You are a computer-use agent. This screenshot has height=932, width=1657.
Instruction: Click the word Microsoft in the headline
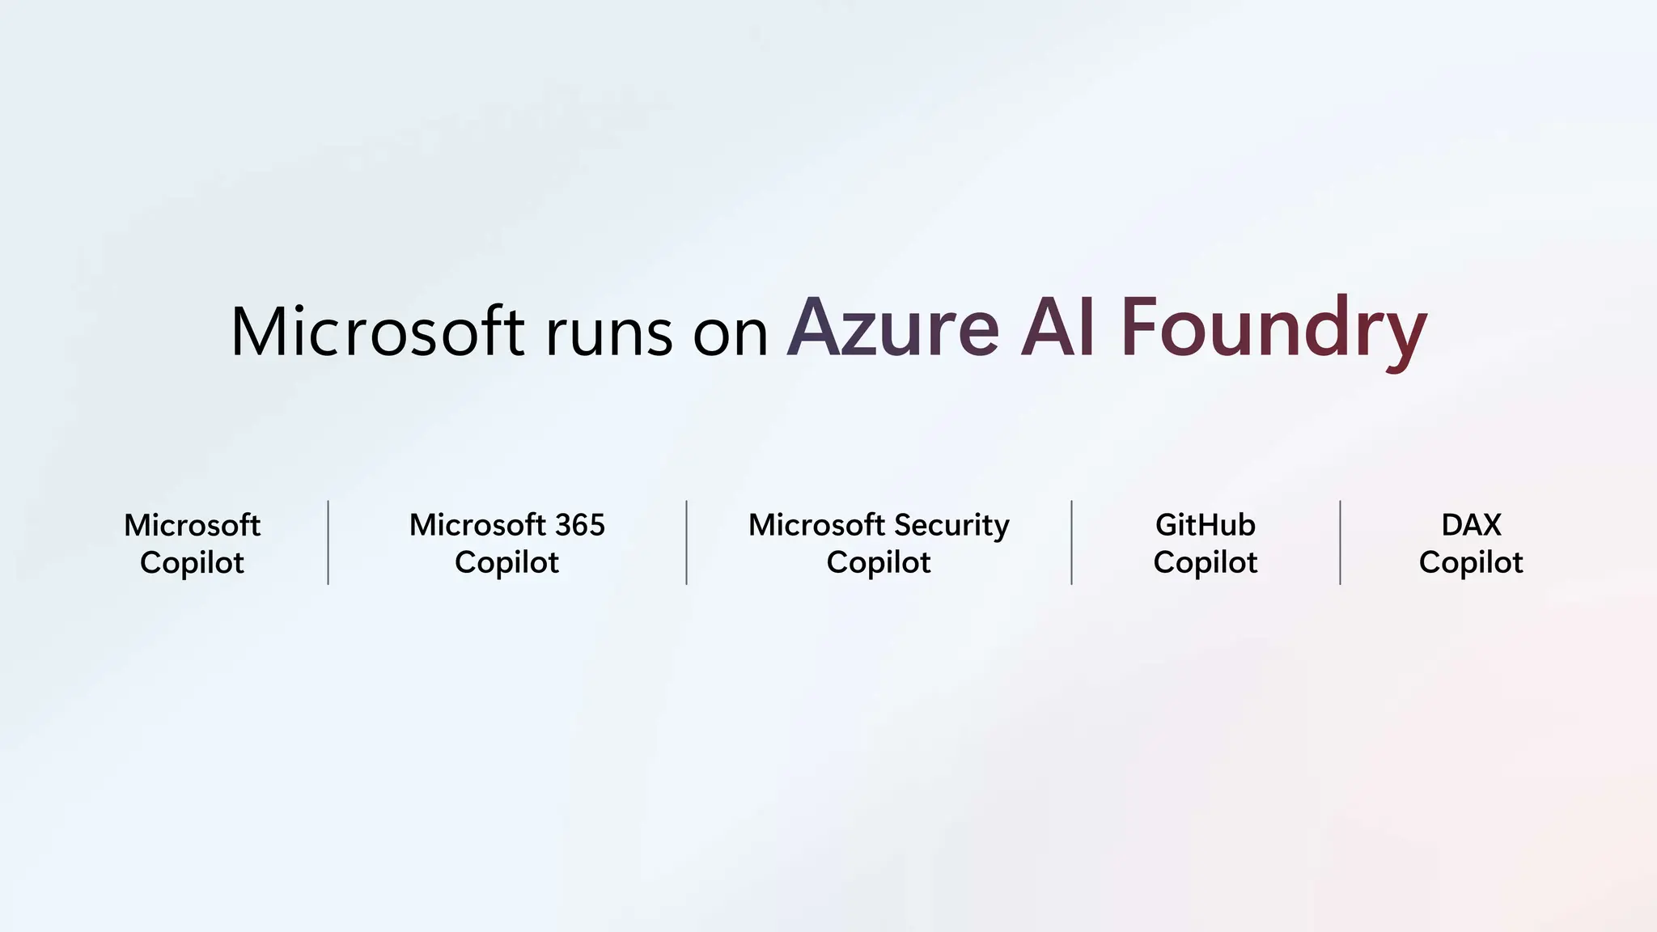[377, 331]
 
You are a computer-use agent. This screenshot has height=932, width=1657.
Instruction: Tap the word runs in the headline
[608, 333]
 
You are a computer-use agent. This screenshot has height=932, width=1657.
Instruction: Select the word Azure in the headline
[892, 328]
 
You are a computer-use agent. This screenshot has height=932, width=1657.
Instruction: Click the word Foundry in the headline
[1273, 331]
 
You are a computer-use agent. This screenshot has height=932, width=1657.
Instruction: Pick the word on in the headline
[730, 335]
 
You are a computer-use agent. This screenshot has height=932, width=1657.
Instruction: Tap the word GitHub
[1205, 525]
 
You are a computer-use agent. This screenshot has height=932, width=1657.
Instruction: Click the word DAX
[1471, 525]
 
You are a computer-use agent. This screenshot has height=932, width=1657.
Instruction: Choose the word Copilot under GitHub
[1205, 563]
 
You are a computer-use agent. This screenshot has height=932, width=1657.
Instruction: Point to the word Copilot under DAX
[1471, 563]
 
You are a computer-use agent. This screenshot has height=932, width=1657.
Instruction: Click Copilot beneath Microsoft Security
[879, 563]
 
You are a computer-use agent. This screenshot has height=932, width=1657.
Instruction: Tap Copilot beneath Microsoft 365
[506, 563]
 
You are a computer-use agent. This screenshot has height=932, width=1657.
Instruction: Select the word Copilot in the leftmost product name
[192, 563]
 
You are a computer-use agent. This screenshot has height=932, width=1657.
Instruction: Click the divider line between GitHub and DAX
[1340, 542]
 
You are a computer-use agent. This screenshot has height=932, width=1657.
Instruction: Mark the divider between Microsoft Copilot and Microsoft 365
[328, 542]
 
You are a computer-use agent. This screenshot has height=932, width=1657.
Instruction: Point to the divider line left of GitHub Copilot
[1071, 542]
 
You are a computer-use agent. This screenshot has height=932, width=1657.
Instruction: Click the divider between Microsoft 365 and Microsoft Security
[686, 542]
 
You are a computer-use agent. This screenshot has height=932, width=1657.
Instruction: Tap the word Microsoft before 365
[466, 525]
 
